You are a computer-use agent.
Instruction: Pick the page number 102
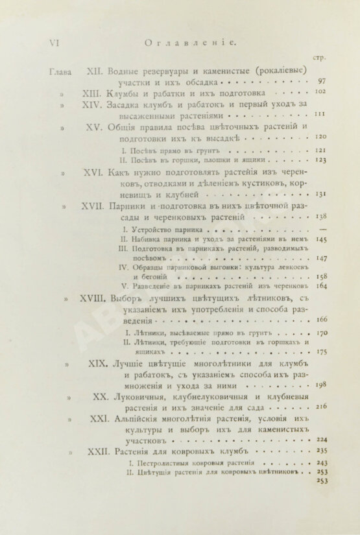point(320,92)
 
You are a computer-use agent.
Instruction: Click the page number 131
point(320,194)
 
